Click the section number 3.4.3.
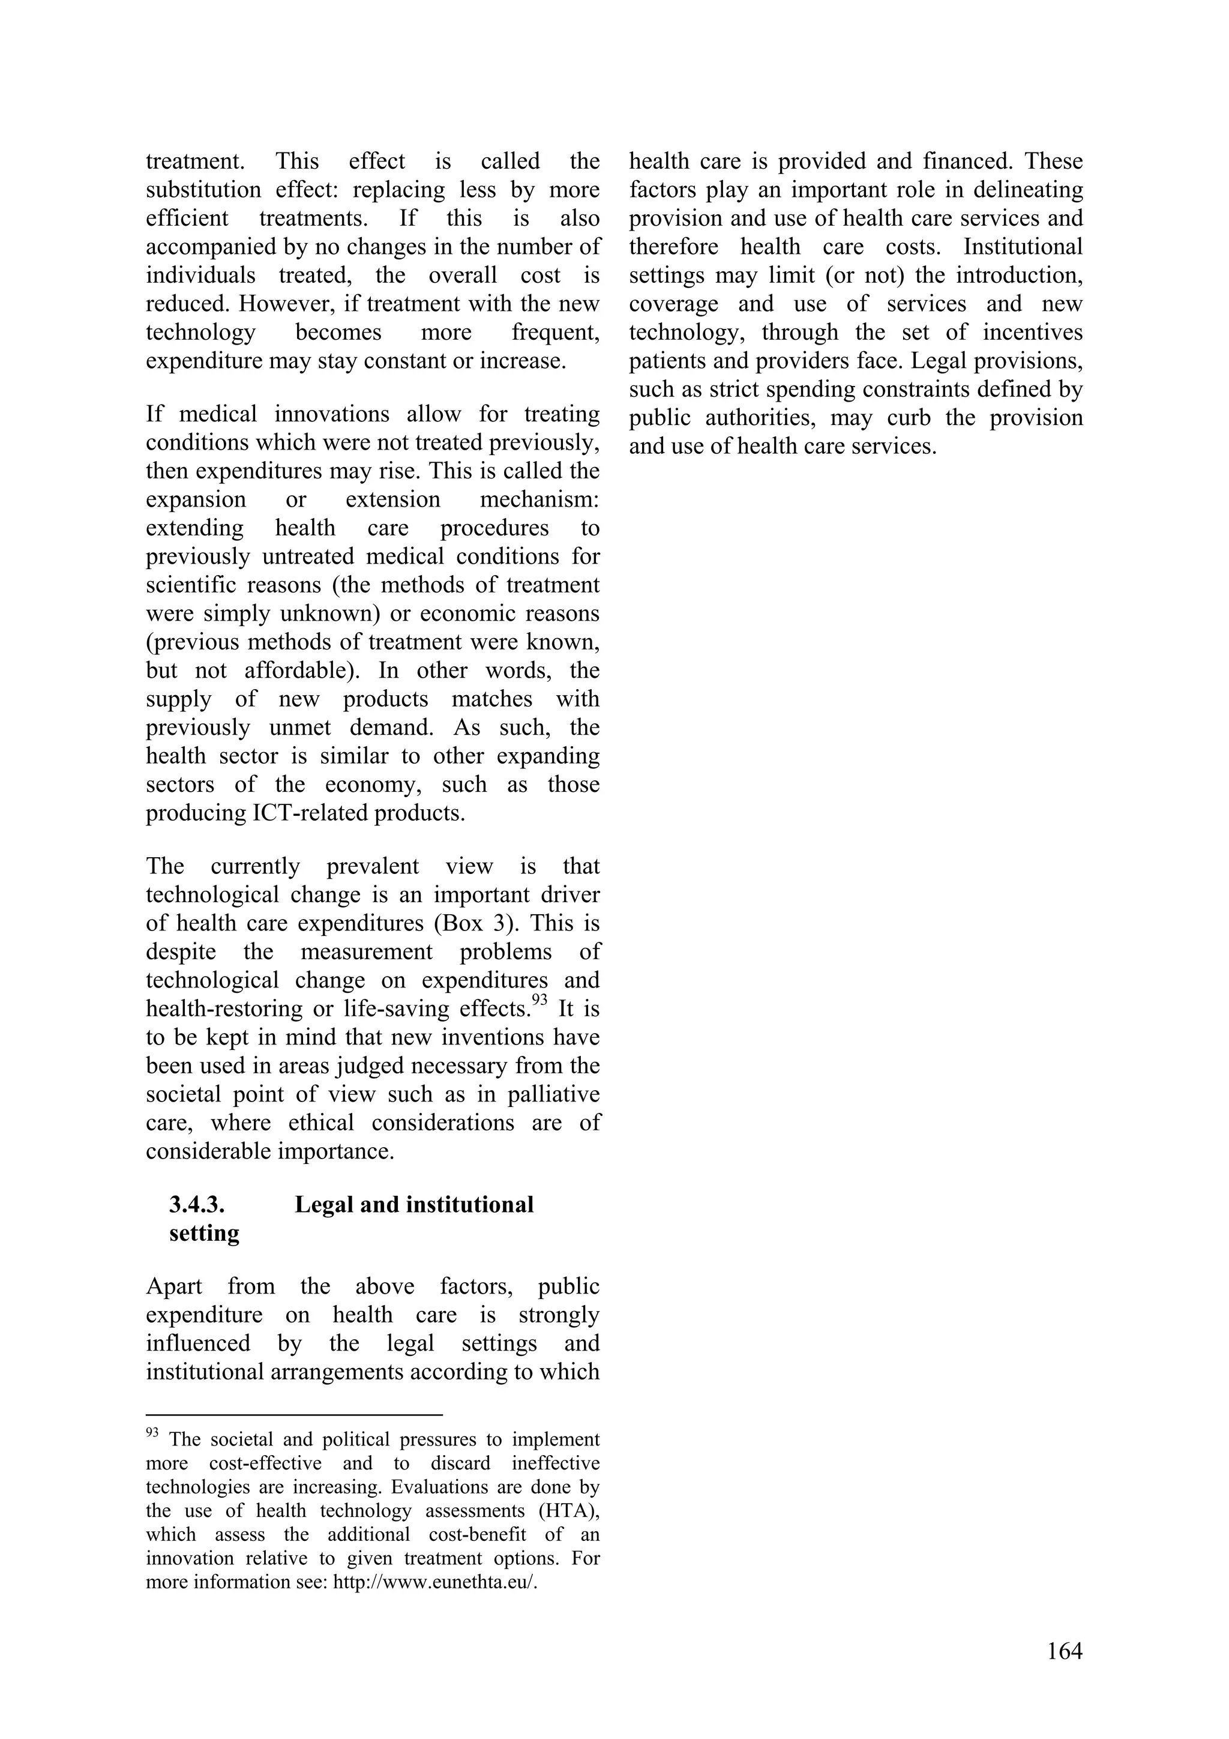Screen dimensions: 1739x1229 (197, 1205)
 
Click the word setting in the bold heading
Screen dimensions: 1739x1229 (205, 1234)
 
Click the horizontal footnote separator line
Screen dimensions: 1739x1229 (294, 1414)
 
